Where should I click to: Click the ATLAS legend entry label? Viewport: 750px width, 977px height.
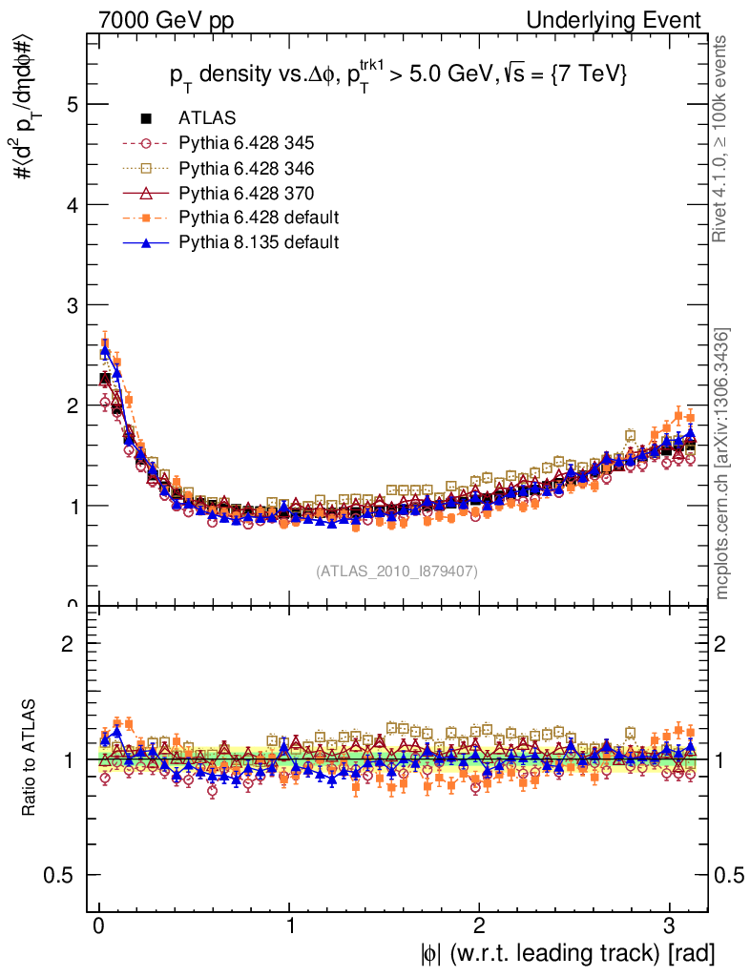coord(207,118)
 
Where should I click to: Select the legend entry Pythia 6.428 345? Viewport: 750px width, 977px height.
coord(246,143)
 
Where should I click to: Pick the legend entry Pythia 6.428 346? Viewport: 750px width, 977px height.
coord(246,168)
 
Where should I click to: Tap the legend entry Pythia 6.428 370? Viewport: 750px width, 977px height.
coord(246,193)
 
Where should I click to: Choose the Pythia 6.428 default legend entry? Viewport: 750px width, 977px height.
coord(259,218)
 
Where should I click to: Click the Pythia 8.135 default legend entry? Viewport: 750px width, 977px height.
coord(259,242)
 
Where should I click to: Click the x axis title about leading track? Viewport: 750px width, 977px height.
coord(567,952)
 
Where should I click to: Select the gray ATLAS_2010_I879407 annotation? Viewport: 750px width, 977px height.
coord(396,571)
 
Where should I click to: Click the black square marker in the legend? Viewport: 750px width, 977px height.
coord(147,118)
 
